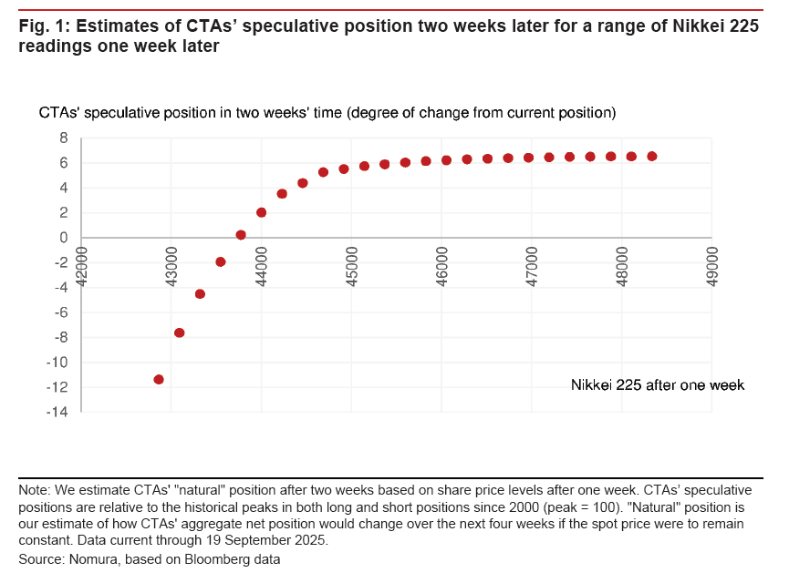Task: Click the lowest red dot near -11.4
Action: (x=159, y=379)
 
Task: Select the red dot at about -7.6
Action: (x=180, y=332)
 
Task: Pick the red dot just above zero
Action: (x=241, y=235)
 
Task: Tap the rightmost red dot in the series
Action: (x=652, y=157)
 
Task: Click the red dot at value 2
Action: (x=262, y=212)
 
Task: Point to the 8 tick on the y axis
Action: (x=64, y=138)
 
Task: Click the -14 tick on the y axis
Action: (x=57, y=413)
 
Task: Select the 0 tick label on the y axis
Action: (x=64, y=238)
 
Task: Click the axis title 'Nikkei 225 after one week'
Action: (x=658, y=385)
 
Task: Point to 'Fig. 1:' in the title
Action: (x=43, y=26)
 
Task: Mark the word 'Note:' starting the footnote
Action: (x=35, y=489)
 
